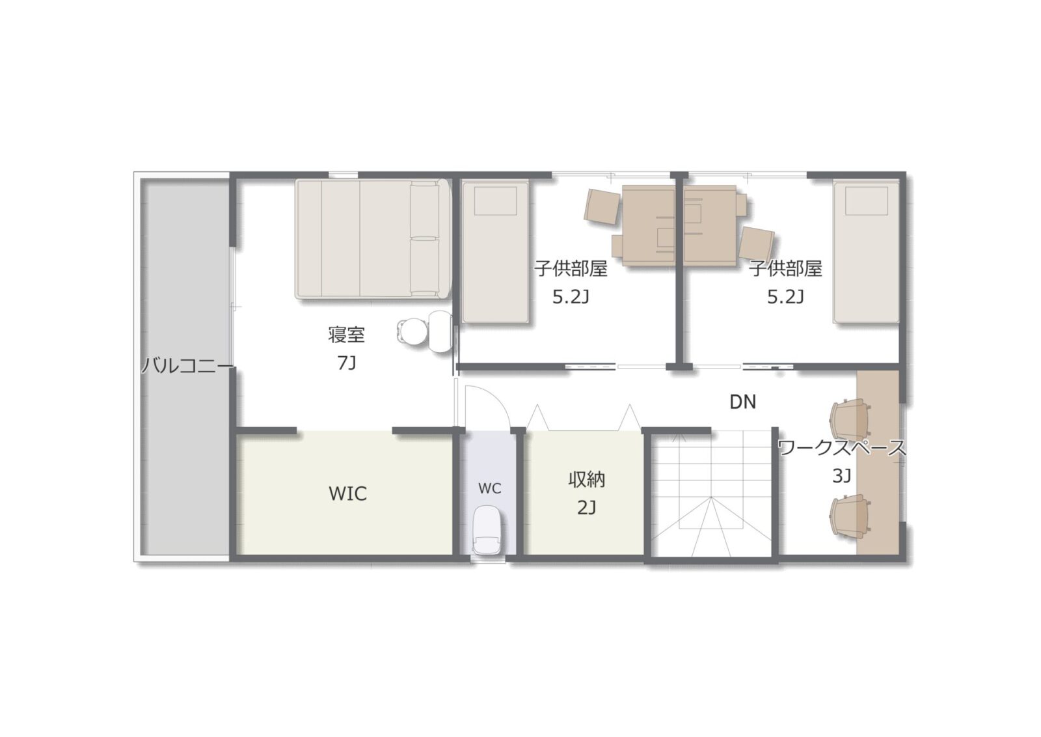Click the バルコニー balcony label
coord(187,366)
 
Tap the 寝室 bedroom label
coord(346,335)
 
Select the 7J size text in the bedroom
coord(347,363)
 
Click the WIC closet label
coord(347,494)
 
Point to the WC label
coord(490,489)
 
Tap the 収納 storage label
coord(586,480)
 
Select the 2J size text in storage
coord(586,508)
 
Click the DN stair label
coord(742,402)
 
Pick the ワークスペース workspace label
coord(842,448)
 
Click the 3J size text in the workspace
coord(842,476)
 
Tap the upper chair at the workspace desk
coord(850,419)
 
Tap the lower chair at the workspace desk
coord(850,515)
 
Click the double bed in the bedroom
coord(373,239)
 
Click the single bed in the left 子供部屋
coord(495,252)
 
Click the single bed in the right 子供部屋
coord(866,252)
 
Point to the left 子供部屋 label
coord(571,269)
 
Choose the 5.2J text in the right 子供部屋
coord(785,297)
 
